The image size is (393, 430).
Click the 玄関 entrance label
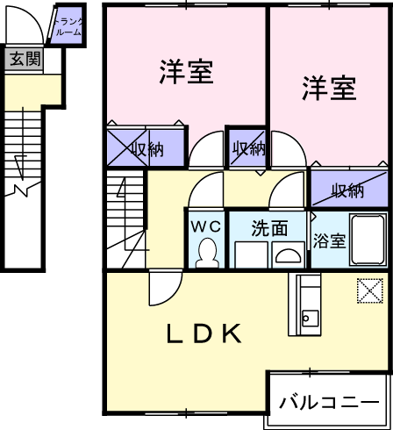(25, 59)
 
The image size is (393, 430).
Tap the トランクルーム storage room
(68, 26)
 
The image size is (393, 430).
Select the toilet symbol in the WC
(207, 253)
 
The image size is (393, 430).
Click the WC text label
(206, 226)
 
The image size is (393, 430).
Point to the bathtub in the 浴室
(368, 240)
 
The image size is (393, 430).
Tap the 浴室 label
(330, 240)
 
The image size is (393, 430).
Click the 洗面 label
(269, 228)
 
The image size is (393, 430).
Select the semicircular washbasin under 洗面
(289, 255)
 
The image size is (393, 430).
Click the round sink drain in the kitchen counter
(306, 318)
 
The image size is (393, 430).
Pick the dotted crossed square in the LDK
(370, 290)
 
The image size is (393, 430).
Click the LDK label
(204, 333)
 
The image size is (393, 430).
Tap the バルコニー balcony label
(329, 402)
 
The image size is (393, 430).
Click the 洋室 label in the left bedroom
(186, 72)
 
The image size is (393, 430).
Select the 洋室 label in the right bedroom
(329, 88)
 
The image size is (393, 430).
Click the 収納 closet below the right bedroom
(349, 190)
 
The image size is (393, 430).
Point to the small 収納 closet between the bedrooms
(247, 148)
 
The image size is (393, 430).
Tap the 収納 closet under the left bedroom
(146, 147)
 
